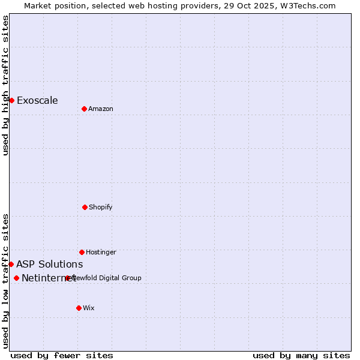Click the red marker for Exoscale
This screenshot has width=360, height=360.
click(x=11, y=100)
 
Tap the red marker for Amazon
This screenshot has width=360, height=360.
click(x=84, y=109)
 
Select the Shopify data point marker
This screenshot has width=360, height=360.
click(x=85, y=207)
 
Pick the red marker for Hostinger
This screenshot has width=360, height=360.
click(x=82, y=252)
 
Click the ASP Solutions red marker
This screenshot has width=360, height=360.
click(x=11, y=264)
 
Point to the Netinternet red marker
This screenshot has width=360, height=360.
click(x=16, y=278)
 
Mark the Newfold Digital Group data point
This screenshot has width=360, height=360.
click(x=67, y=278)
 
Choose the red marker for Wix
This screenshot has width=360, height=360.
click(x=79, y=308)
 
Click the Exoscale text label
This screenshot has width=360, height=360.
click(x=37, y=100)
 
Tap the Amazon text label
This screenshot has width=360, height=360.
click(x=101, y=109)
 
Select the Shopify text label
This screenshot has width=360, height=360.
click(x=101, y=207)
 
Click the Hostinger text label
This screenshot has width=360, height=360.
click(x=101, y=252)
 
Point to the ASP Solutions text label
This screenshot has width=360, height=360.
click(x=49, y=264)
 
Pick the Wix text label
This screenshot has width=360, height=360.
click(x=89, y=308)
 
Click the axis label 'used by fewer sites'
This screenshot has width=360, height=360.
click(x=62, y=355)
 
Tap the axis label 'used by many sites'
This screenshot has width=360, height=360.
click(x=301, y=355)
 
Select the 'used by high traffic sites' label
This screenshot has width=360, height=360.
click(x=5, y=85)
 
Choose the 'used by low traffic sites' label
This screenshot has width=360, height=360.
click(x=5, y=281)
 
